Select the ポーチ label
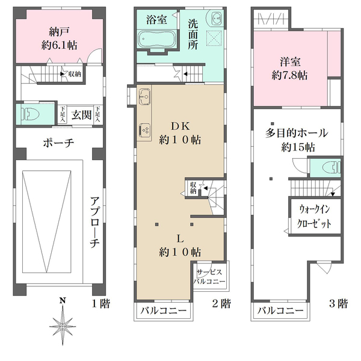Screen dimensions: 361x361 (x=58, y=143)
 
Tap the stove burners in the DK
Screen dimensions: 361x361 (x=144, y=129)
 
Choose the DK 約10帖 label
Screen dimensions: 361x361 (x=180, y=134)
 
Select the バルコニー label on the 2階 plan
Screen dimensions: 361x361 (x=164, y=311)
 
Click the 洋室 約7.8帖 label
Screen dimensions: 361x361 (x=289, y=68)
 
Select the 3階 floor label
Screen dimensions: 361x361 (x=338, y=304)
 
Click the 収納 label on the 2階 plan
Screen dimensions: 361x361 (x=193, y=188)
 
